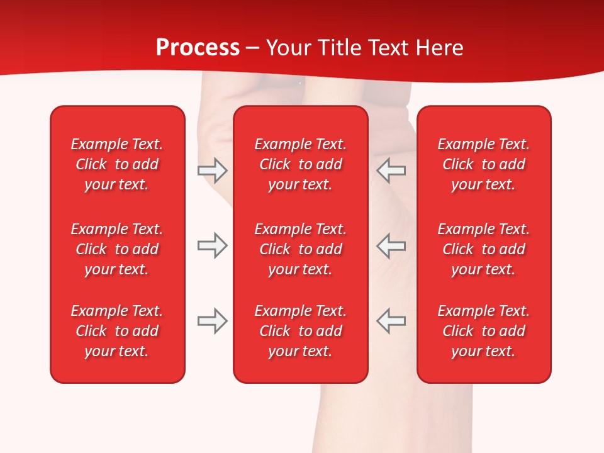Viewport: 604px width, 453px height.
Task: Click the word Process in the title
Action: [x=198, y=47]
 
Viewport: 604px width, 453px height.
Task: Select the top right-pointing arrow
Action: [x=212, y=170]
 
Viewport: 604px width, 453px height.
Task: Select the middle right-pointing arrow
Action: [x=212, y=245]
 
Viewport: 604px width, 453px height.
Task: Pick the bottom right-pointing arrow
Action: [x=212, y=321]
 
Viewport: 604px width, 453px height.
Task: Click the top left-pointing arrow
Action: [x=391, y=170]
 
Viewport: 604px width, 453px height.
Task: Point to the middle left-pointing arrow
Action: [x=391, y=245]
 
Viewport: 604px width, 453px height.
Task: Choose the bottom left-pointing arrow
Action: [x=391, y=321]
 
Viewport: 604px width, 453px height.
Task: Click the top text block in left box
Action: [x=117, y=164]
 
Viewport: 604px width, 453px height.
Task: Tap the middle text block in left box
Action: [x=117, y=249]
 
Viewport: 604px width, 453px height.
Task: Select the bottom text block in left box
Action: [x=117, y=331]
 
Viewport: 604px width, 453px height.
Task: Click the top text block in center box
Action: [x=300, y=164]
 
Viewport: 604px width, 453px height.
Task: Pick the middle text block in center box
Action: [x=300, y=249]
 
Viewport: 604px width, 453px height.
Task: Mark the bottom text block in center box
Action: [x=300, y=331]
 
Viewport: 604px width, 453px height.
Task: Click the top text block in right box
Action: [x=483, y=164]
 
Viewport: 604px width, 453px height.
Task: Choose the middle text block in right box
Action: [x=483, y=249]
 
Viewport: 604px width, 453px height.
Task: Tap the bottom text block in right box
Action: [x=483, y=331]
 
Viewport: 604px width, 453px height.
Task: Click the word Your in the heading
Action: [x=290, y=47]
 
